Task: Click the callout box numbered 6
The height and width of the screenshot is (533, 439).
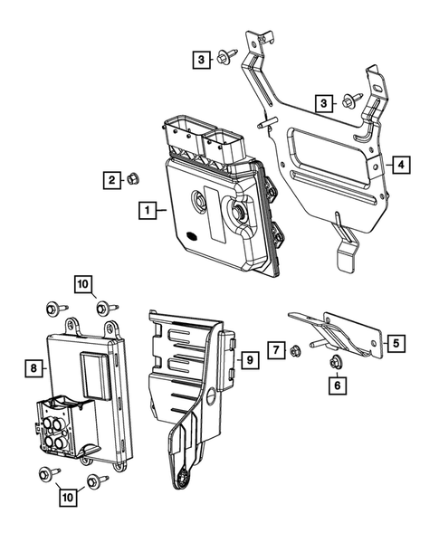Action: click(337, 386)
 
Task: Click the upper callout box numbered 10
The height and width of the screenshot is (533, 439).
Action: click(83, 285)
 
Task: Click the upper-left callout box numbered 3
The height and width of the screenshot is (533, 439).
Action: click(198, 59)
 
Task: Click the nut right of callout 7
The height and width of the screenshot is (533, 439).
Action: click(296, 349)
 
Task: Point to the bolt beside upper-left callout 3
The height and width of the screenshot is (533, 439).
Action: click(223, 60)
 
